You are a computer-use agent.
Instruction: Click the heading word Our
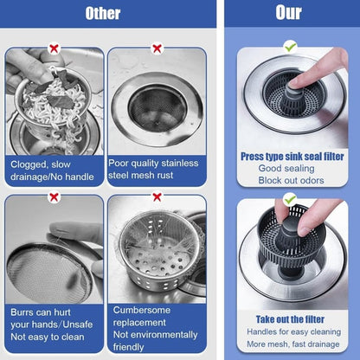[288, 14]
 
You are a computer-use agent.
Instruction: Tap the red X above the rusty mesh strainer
[157, 49]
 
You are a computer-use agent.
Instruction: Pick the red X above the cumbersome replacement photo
[157, 197]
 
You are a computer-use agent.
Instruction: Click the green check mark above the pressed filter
[290, 46]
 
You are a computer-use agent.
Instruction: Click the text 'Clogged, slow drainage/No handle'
[54, 169]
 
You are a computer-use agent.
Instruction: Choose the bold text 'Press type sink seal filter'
[292, 156]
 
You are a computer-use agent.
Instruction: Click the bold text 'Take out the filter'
[292, 318]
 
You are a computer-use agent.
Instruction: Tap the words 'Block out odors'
[292, 180]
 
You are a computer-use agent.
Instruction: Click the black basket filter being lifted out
[286, 247]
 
